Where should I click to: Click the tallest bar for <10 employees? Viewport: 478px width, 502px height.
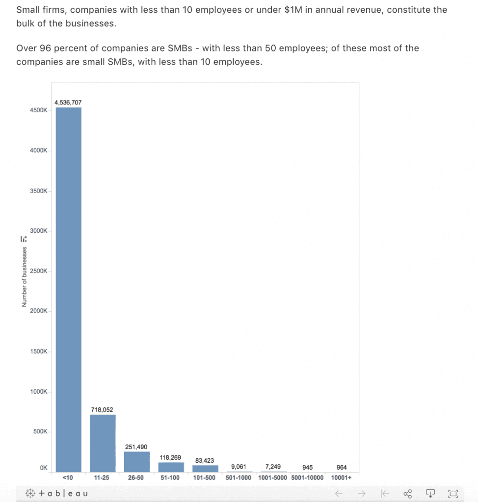pyautogui.click(x=69, y=289)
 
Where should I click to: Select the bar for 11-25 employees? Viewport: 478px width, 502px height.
pyautogui.click(x=103, y=443)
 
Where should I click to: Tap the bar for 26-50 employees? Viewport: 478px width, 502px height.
pyautogui.click(x=137, y=462)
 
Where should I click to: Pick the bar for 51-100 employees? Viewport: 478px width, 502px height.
pyautogui.click(x=171, y=467)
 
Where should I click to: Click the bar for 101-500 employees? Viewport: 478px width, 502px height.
pyautogui.click(x=205, y=469)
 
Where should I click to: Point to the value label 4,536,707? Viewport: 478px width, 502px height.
pyautogui.click(x=68, y=102)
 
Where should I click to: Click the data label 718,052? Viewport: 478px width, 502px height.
pyautogui.click(x=102, y=410)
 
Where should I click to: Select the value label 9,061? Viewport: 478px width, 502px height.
pyautogui.click(x=239, y=467)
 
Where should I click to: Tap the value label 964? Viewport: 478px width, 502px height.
pyautogui.click(x=342, y=467)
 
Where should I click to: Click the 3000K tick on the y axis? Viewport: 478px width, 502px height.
pyautogui.click(x=39, y=231)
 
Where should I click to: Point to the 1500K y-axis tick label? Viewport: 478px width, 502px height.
pyautogui.click(x=39, y=351)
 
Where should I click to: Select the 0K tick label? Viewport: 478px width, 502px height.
pyautogui.click(x=44, y=468)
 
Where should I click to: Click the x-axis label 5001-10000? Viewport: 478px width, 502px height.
pyautogui.click(x=307, y=477)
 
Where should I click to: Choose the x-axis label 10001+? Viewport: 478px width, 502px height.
pyautogui.click(x=341, y=477)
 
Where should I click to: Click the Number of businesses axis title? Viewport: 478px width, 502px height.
pyautogui.click(x=25, y=277)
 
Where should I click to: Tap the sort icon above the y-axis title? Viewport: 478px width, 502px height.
pyautogui.click(x=24, y=239)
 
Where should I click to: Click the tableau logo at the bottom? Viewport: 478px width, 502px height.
pyautogui.click(x=56, y=493)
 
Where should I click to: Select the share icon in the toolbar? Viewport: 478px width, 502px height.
pyautogui.click(x=407, y=494)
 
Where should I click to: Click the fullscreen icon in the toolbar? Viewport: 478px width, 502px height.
pyautogui.click(x=453, y=494)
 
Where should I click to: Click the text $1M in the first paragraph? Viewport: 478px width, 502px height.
pyautogui.click(x=293, y=10)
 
